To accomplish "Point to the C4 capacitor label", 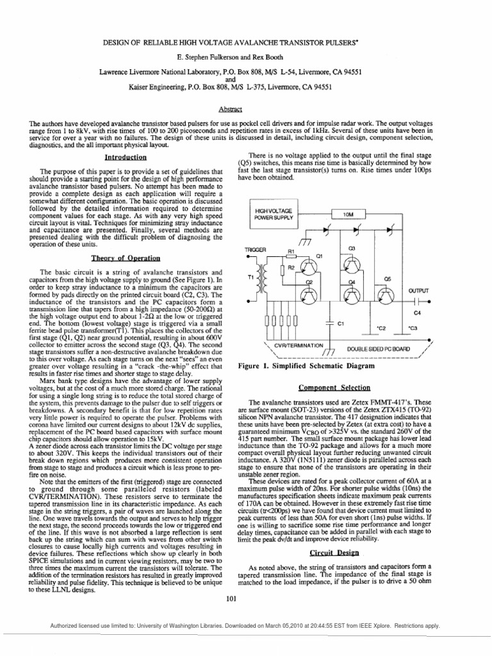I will (418, 313).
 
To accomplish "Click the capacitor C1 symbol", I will (329, 324).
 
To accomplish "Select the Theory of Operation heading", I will (126, 258).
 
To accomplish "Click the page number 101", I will (231, 598).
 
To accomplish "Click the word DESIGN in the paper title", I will (119, 40).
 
